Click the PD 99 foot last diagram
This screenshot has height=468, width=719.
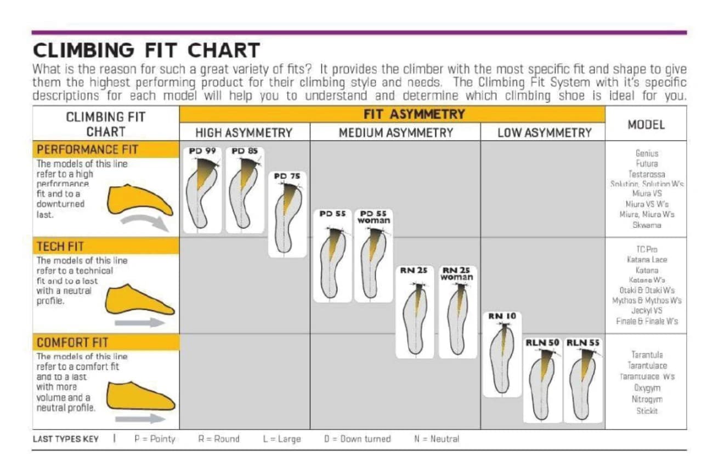[x=202, y=189]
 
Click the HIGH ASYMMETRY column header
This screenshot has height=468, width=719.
[x=244, y=132]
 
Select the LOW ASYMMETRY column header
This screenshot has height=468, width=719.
[x=544, y=132]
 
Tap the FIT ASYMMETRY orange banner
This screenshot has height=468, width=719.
[x=392, y=114]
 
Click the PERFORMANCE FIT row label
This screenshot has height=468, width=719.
[x=88, y=149]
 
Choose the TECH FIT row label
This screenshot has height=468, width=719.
[x=61, y=246]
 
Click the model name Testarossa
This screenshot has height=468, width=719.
[x=647, y=174]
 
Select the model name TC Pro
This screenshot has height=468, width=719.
[x=647, y=249]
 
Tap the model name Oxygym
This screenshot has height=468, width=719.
[x=647, y=387]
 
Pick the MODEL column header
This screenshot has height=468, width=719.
[x=646, y=124]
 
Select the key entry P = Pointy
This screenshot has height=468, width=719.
[x=155, y=439]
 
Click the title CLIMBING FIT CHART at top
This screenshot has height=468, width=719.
[x=146, y=50]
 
